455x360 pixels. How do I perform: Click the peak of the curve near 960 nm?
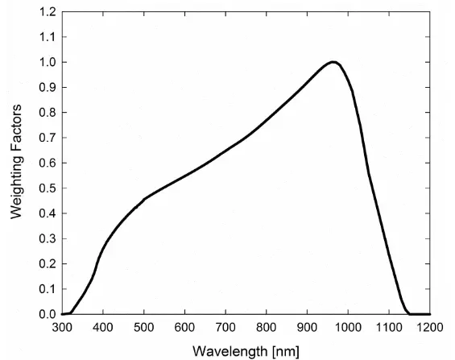coord(332,62)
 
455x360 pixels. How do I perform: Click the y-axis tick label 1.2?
coord(46,12)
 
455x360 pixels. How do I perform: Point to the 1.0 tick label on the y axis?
coord(46,62)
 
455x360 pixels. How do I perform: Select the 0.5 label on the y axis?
coord(46,188)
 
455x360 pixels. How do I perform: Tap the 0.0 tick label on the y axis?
coord(46,314)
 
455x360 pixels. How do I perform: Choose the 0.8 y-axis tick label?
coord(46,113)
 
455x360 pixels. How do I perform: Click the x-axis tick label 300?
coord(62,329)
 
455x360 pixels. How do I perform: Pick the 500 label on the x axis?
coord(144,329)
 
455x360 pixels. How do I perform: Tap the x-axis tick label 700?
coord(225,329)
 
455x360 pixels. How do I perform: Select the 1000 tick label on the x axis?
coord(348,329)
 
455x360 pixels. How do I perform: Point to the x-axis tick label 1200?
coord(430,329)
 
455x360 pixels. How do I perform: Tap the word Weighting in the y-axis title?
coord(15,186)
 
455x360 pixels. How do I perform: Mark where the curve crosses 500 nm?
coord(144,198)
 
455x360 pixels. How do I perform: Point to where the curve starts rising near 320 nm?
coord(71,312)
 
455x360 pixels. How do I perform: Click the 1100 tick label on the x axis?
coord(389,329)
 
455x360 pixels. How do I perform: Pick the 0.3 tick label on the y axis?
coord(46,238)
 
